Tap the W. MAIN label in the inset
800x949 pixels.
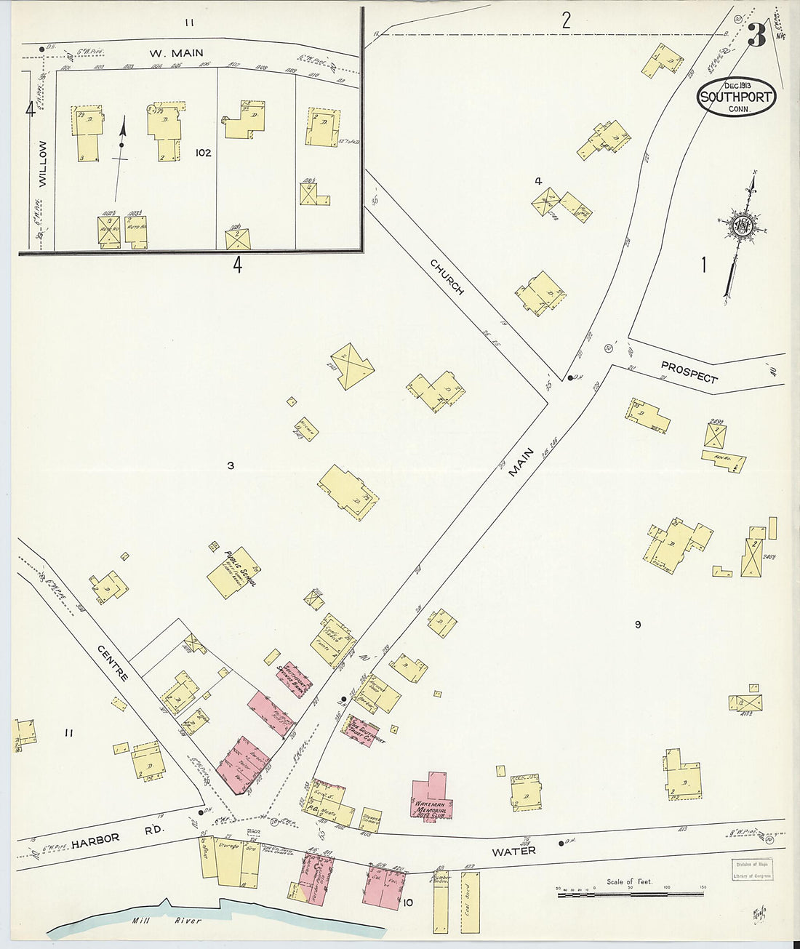pyautogui.click(x=176, y=52)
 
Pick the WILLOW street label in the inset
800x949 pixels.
pyautogui.click(x=41, y=165)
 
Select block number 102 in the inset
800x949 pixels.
pyautogui.click(x=203, y=153)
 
